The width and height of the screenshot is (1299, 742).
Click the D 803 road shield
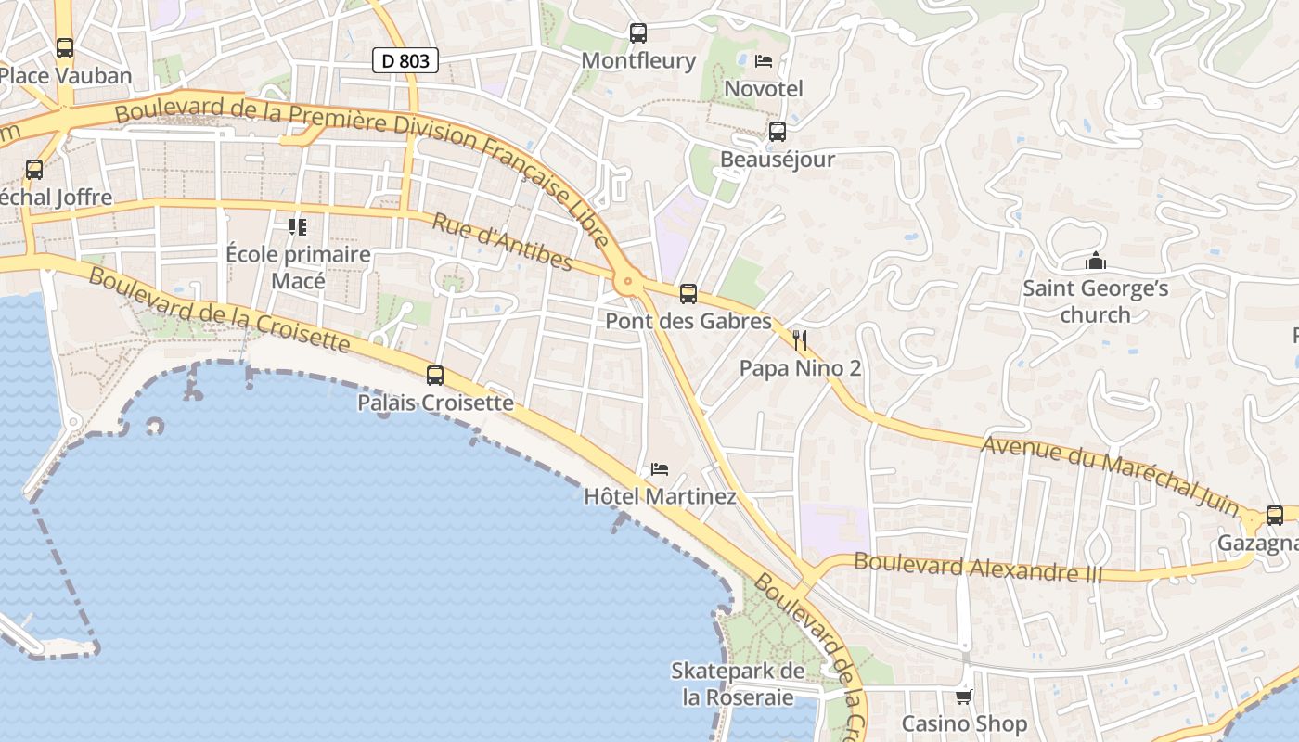[x=405, y=60]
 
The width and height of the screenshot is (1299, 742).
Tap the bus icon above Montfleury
[x=638, y=33]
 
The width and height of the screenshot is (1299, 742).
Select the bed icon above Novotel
[x=764, y=61]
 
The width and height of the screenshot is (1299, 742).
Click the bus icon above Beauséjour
[x=778, y=132]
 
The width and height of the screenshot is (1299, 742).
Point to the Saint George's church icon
[x=1095, y=262]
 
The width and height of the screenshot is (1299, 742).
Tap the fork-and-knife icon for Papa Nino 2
[x=800, y=340]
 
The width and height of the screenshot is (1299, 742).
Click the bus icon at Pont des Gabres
[x=688, y=294]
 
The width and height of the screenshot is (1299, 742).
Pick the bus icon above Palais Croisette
[x=435, y=376]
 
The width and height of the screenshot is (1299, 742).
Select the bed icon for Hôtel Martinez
[x=660, y=468]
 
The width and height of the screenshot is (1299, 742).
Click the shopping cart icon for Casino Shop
[x=964, y=696]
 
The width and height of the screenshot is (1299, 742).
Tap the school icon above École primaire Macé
[x=298, y=226]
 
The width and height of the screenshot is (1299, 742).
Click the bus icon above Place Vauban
[x=65, y=48]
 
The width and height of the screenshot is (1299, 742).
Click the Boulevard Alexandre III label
[x=979, y=567]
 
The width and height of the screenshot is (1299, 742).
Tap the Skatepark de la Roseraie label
[x=739, y=684]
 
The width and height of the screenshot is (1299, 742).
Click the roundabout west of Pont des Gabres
[x=628, y=280]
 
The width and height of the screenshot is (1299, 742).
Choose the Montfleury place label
[x=638, y=61]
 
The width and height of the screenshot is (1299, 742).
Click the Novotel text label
[x=764, y=89]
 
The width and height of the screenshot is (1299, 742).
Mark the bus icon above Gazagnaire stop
[x=1275, y=516]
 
